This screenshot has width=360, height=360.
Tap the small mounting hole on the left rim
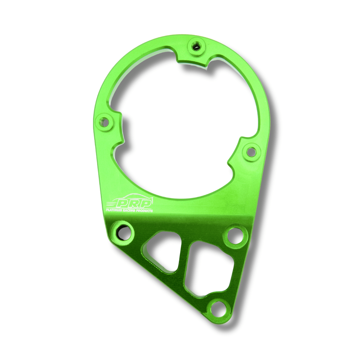tap(104, 122)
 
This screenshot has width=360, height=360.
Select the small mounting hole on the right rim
tap(252, 152)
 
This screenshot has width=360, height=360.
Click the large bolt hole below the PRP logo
tap(124, 231)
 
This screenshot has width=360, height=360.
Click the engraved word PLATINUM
tap(114, 210)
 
